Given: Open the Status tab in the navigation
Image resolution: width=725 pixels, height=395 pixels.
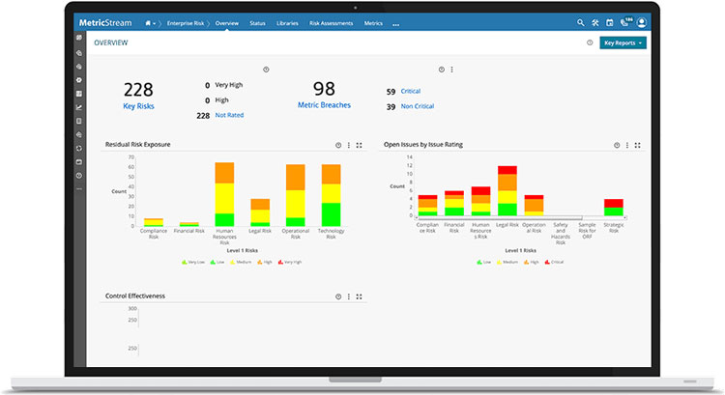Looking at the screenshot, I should click(x=257, y=22).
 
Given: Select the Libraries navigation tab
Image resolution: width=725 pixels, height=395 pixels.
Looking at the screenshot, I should click(x=287, y=22).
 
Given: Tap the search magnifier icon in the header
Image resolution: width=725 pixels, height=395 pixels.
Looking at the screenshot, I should click(x=581, y=22).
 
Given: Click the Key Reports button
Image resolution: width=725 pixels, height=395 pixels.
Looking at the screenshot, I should click(x=623, y=43).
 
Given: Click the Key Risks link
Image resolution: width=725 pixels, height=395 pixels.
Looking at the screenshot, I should click(x=138, y=105).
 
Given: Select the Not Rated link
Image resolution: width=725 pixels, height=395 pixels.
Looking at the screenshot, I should click(x=228, y=115).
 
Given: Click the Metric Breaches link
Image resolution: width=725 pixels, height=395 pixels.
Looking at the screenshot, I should click(x=323, y=104).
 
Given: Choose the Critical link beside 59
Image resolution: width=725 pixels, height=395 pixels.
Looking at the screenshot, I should click(x=411, y=91).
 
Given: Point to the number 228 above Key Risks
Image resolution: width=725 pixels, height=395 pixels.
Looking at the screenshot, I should click(x=138, y=90).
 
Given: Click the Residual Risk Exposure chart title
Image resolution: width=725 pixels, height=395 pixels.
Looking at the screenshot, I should click(x=138, y=145).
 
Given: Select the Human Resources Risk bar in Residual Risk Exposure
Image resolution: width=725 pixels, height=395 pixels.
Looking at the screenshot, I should click(x=224, y=194).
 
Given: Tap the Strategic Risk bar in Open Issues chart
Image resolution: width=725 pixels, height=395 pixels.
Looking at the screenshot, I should click(x=613, y=208).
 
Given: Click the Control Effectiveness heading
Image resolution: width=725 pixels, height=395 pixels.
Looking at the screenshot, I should click(x=135, y=296).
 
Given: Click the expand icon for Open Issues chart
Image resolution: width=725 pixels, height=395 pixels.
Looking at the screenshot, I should click(x=638, y=145).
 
